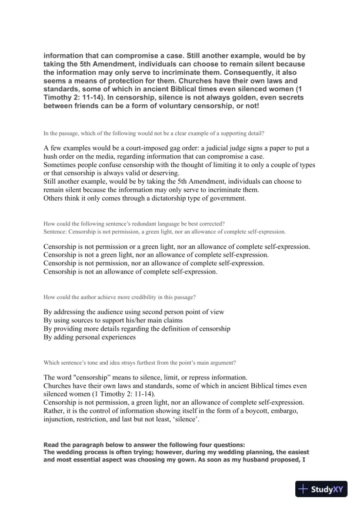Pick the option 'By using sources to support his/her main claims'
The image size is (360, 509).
[117, 320]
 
